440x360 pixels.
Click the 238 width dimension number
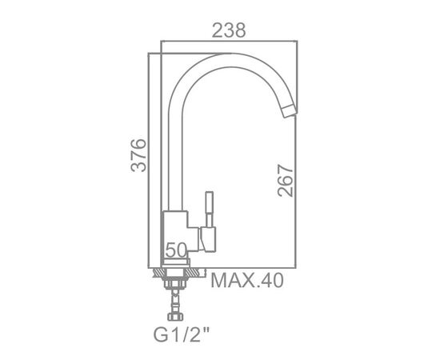point(229,30)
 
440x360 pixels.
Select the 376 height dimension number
point(138,155)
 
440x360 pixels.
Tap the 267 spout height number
point(285,181)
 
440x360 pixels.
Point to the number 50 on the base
point(176,250)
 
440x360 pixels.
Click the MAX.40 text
point(247,280)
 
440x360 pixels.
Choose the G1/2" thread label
point(182,334)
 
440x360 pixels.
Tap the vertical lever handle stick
point(210,209)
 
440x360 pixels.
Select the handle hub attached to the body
point(207,239)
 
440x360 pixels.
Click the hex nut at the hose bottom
point(175,317)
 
